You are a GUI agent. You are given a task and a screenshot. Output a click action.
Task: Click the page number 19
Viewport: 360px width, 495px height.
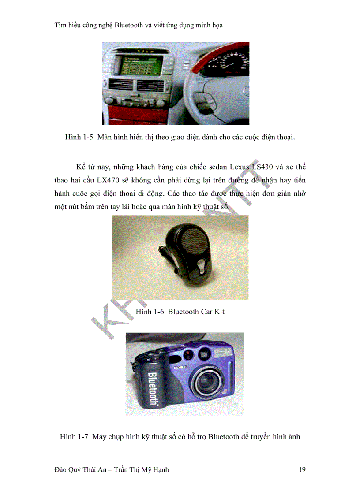coord(302,469)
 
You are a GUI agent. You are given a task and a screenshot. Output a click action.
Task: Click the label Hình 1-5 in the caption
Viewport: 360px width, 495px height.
coord(79,137)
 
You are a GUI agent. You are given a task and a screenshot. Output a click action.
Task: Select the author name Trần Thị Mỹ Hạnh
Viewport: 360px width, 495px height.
coord(141,469)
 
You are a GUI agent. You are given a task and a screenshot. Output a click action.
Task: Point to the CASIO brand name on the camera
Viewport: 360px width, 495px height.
coord(180,367)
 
